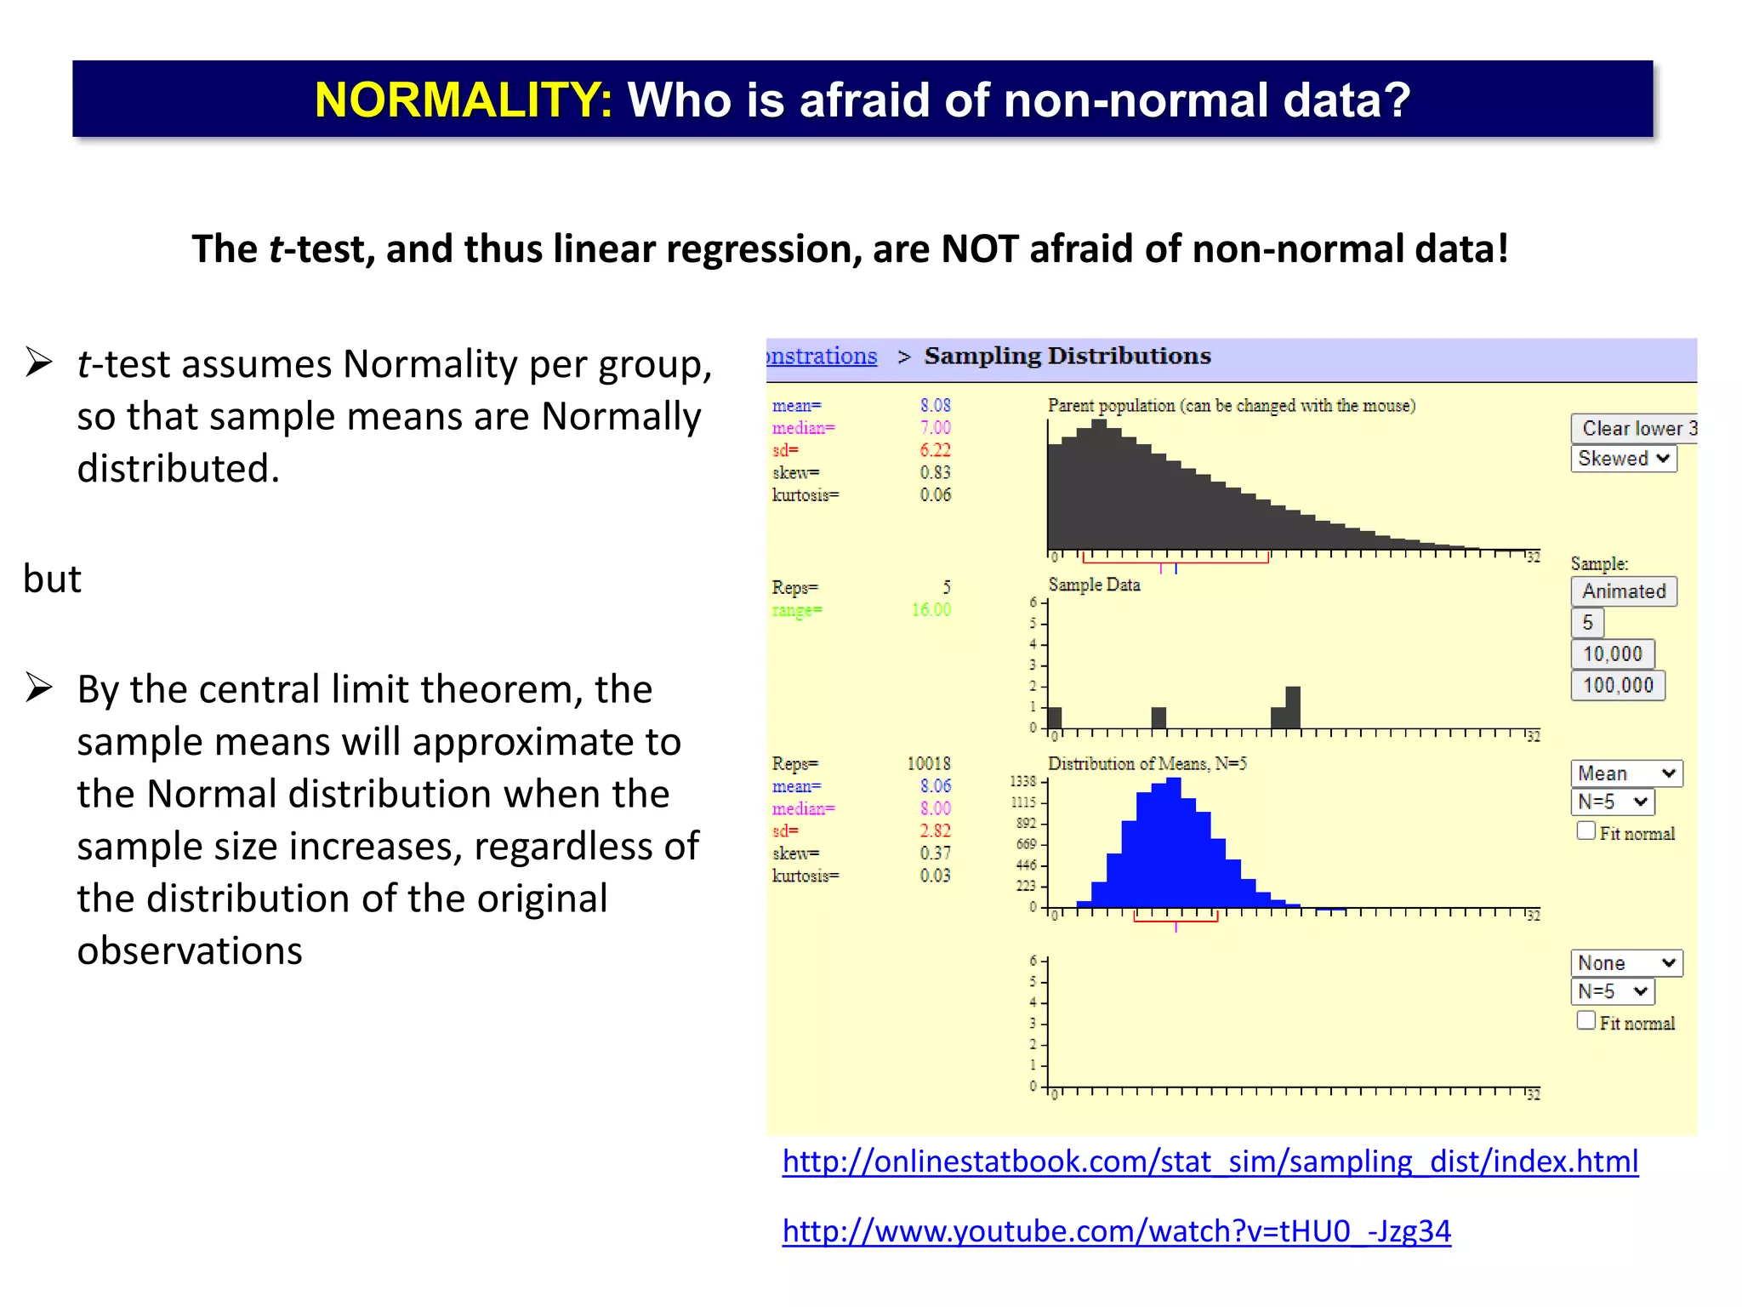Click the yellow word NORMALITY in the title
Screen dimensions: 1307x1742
(x=463, y=100)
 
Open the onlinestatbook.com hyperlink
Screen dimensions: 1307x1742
(x=1210, y=1161)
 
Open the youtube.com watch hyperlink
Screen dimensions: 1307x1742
(x=1116, y=1231)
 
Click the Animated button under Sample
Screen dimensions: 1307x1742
(x=1623, y=591)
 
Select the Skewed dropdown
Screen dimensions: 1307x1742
(x=1623, y=459)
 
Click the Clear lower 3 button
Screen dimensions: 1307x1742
(x=1634, y=428)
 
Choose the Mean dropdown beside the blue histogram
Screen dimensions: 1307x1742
(x=1625, y=773)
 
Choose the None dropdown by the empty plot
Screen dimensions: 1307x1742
(x=1625, y=963)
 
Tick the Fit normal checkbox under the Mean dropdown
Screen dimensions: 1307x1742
(x=1585, y=831)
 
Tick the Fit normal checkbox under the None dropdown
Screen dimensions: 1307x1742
(x=1585, y=1020)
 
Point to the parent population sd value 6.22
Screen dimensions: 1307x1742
(x=935, y=450)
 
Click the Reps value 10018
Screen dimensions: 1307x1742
(x=928, y=764)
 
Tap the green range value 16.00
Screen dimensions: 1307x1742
(x=931, y=610)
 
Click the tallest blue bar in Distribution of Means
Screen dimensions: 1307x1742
(x=1174, y=842)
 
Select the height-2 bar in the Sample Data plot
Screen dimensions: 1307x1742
(x=1293, y=708)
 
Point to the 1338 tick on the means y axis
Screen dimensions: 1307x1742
(x=1023, y=781)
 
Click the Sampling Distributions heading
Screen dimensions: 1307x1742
(x=1067, y=356)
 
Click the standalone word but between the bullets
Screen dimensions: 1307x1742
(x=52, y=579)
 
